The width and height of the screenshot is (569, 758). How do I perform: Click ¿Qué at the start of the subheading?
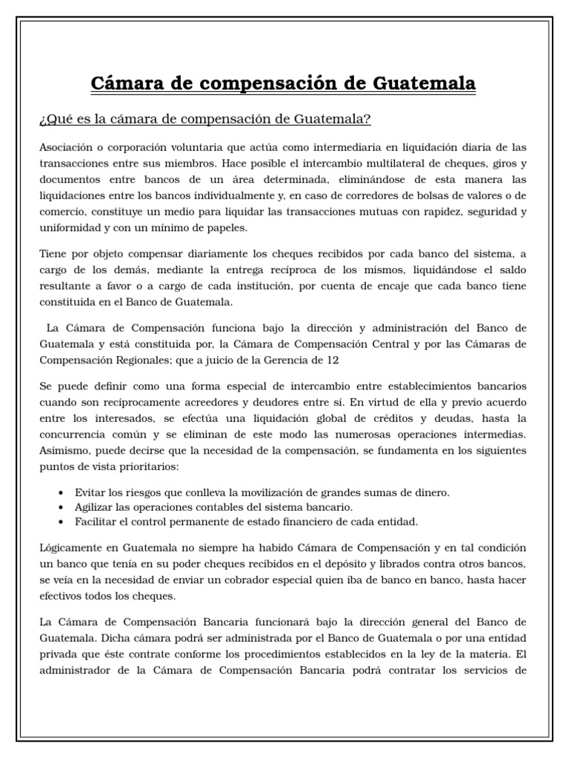(54, 119)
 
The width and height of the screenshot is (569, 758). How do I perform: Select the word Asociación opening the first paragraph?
(68, 147)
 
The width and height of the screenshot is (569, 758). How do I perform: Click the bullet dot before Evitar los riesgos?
(60, 493)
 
